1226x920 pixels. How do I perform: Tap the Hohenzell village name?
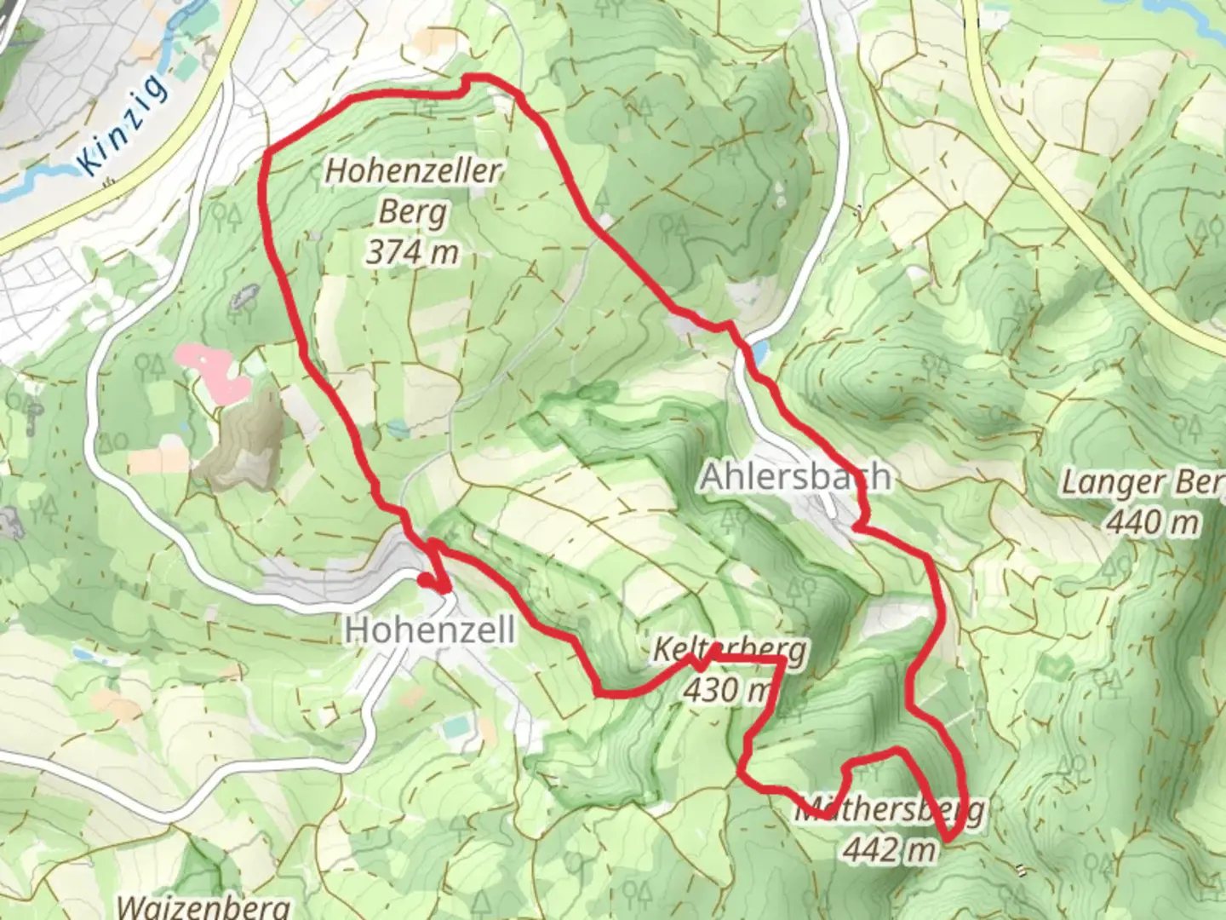click(x=429, y=630)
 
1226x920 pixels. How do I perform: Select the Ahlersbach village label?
click(x=795, y=477)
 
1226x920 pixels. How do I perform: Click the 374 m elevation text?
click(x=413, y=252)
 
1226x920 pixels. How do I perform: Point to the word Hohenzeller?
click(x=414, y=170)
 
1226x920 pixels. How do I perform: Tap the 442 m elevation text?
click(x=890, y=848)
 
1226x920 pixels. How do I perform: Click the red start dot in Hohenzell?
click(x=424, y=580)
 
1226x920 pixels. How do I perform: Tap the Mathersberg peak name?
click(x=890, y=810)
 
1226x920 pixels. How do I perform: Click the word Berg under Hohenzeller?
click(x=413, y=211)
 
